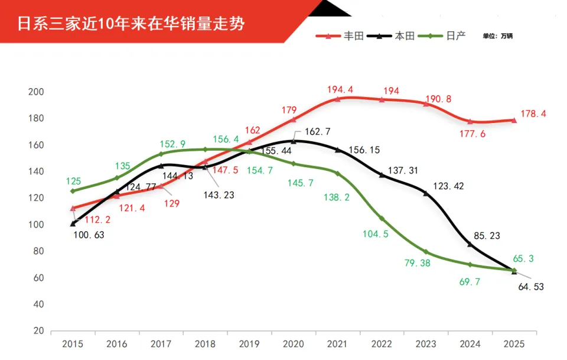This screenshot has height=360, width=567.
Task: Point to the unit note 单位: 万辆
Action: (498, 36)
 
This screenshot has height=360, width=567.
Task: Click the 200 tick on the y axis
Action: (37, 92)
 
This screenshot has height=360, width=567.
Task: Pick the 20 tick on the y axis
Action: (39, 331)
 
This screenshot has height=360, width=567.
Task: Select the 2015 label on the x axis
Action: (73, 344)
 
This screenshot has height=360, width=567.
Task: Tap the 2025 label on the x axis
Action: (514, 344)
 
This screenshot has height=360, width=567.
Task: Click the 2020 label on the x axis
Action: (293, 344)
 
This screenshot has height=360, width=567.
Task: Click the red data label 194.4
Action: (340, 90)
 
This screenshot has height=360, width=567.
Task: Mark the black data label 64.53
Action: (530, 287)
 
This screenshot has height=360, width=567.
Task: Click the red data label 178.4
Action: (533, 114)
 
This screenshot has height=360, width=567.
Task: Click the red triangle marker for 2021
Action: (337, 99)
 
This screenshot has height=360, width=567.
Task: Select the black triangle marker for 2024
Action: (470, 244)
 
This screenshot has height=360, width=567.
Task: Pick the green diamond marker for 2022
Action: (382, 219)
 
